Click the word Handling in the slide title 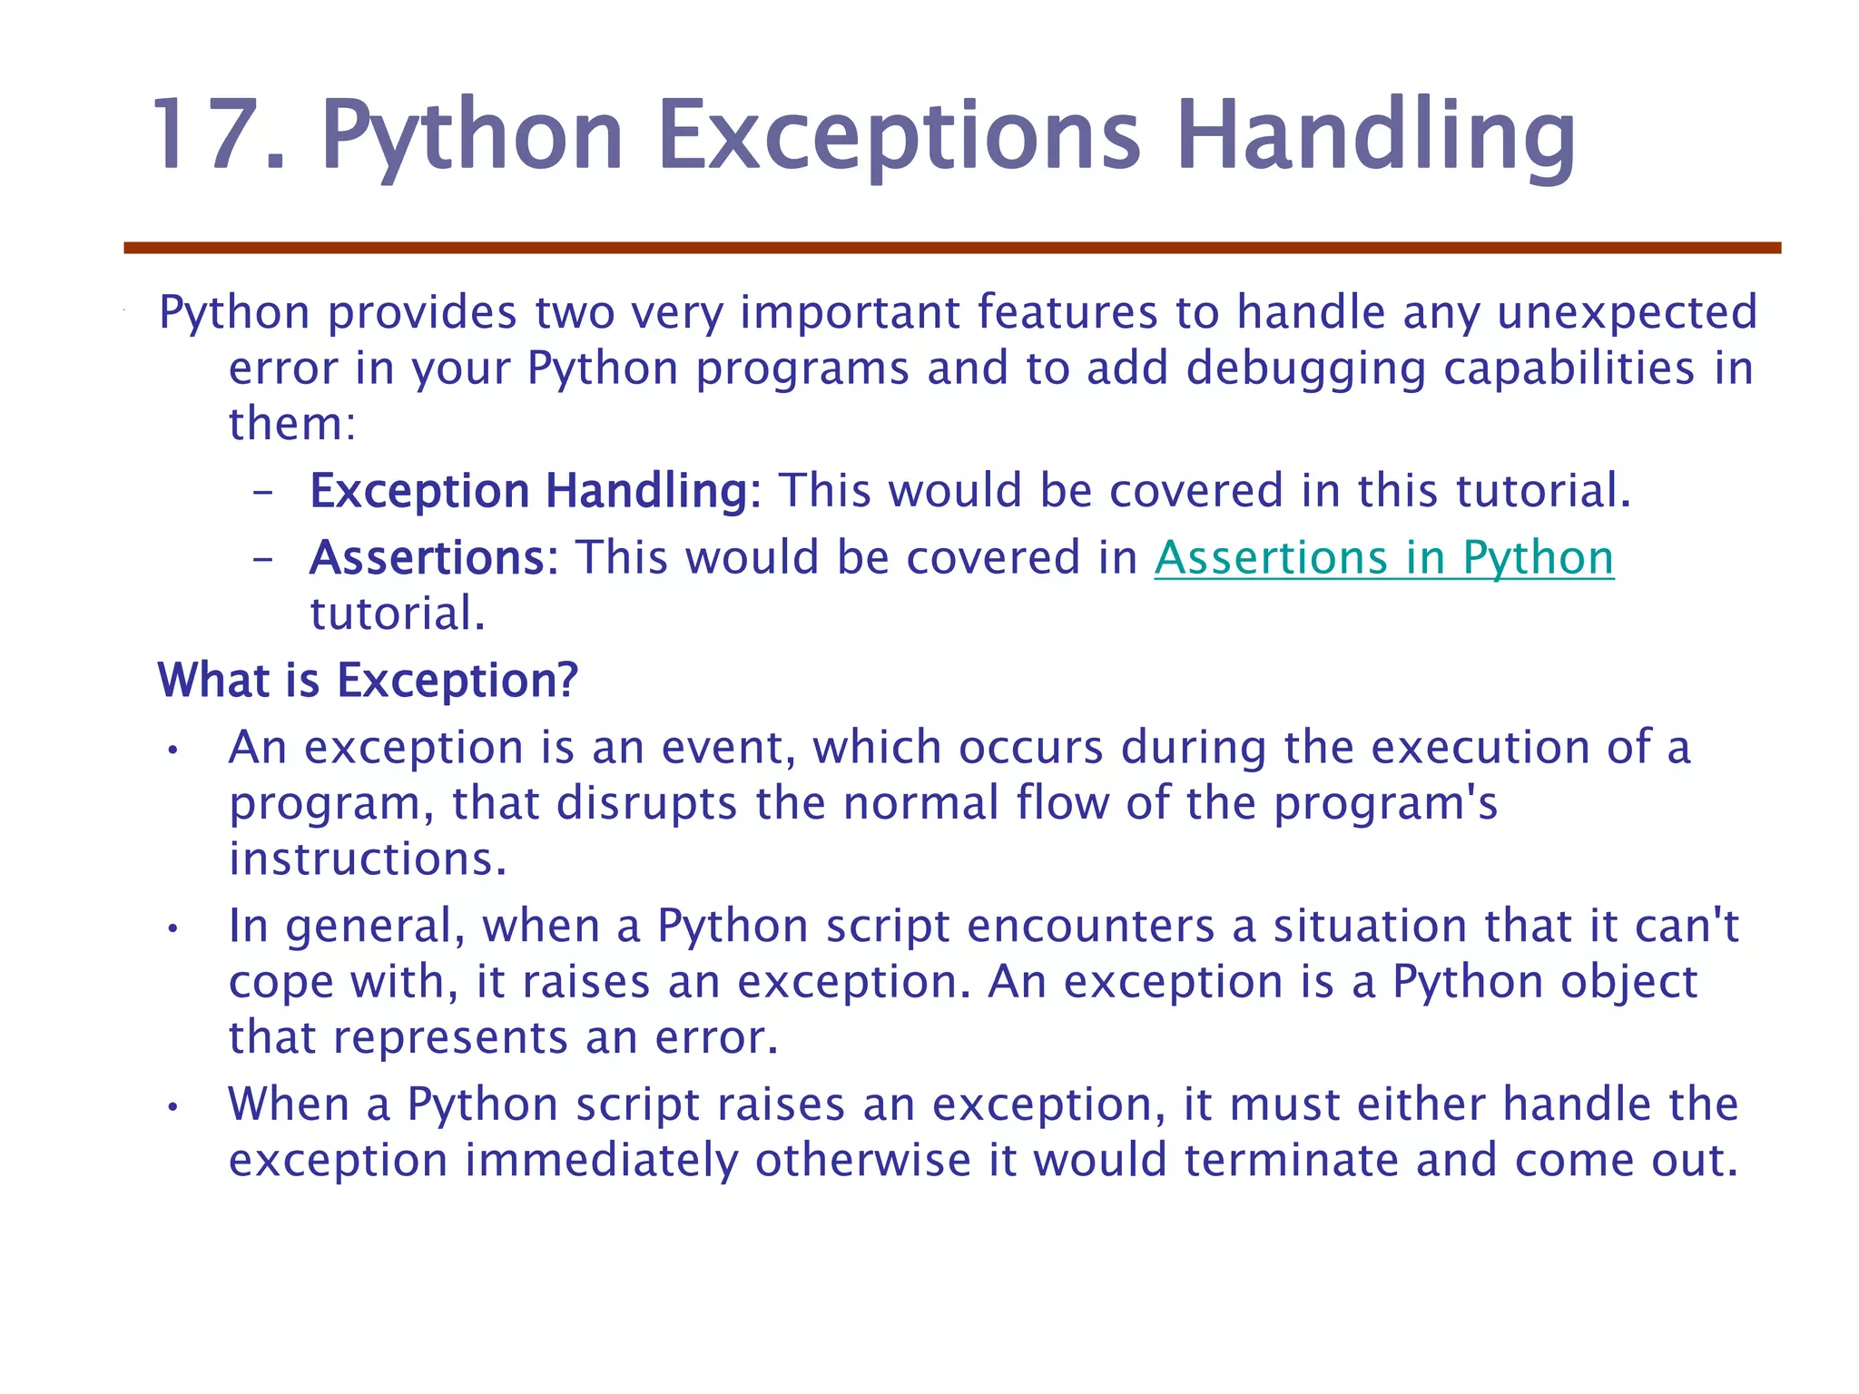(x=1375, y=136)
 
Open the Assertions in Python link (x=1383, y=557)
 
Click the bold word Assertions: (x=434, y=557)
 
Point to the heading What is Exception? (x=368, y=680)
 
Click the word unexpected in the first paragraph (x=1627, y=312)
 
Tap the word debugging (x=1305, y=368)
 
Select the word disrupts (x=645, y=803)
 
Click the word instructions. (x=367, y=859)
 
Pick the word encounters (x=1090, y=927)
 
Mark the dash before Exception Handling (x=262, y=493)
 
